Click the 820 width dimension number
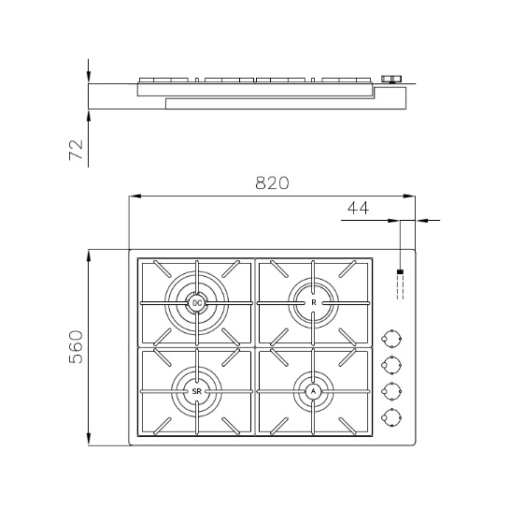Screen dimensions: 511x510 click(272, 182)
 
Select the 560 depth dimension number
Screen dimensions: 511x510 click(77, 347)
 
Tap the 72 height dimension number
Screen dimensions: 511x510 click(77, 150)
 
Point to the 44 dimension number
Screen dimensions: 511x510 click(358, 208)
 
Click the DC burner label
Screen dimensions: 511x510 click(197, 303)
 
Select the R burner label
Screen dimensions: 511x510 click(314, 302)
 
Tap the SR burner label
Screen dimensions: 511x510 click(196, 391)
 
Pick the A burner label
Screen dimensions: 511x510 click(314, 391)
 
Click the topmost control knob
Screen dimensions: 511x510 click(391, 339)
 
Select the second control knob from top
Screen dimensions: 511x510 click(391, 365)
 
